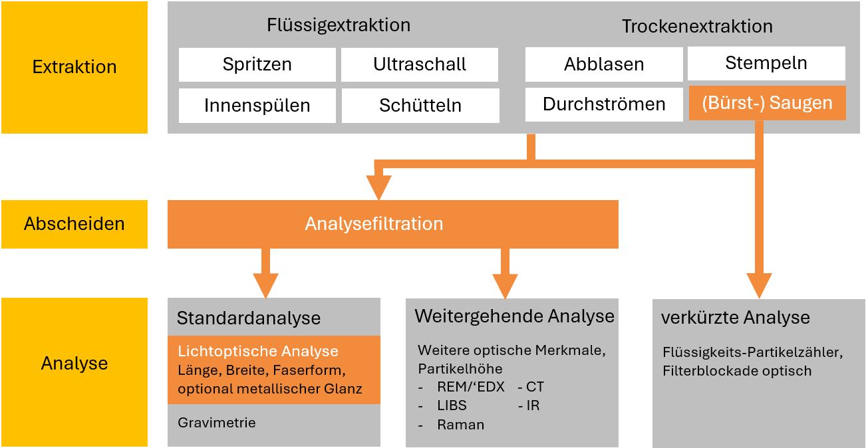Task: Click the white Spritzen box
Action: pos(257,65)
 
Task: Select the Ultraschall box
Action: pos(419,65)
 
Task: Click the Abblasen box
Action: pos(604,64)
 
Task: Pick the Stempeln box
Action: pos(766,64)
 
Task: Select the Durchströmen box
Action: pos(604,104)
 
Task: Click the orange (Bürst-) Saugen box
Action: pos(767,103)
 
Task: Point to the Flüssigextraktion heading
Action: pos(339,26)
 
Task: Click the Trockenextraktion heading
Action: pos(697,27)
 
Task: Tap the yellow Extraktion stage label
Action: pos(74,67)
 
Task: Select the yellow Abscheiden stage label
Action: pos(74,224)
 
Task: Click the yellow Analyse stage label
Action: pos(74,364)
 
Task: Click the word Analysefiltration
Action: pos(374,224)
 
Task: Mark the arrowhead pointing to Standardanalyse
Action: pos(266,286)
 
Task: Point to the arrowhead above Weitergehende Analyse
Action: pos(505,286)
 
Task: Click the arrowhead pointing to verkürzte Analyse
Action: pos(758,286)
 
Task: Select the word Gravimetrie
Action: pos(216,423)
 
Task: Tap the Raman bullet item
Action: pos(460,425)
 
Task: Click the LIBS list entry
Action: pos(452,405)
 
